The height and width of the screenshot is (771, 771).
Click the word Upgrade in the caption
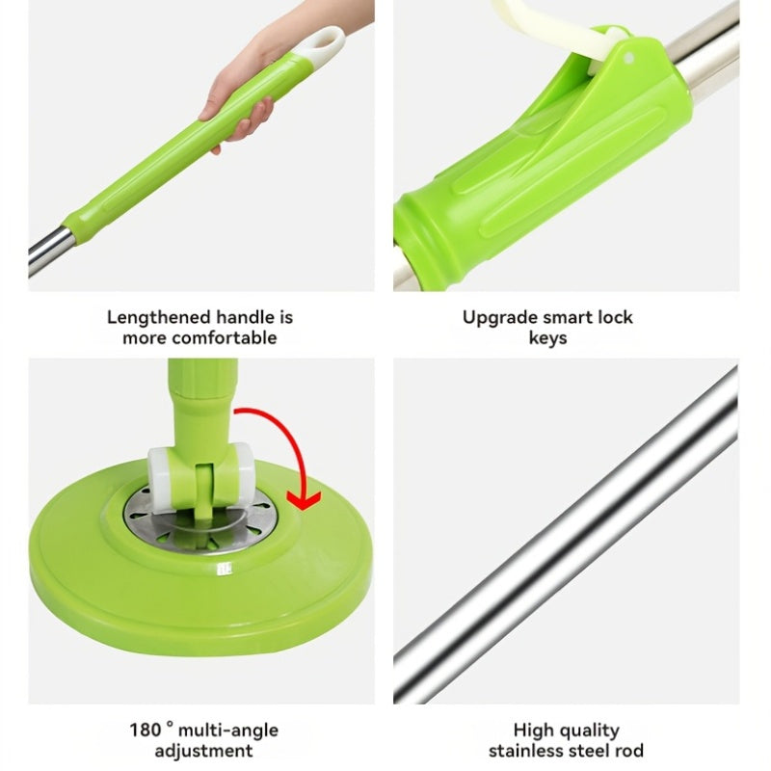[501, 317]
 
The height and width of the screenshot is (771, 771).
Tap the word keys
[547, 338]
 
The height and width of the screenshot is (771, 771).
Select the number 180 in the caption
[146, 731]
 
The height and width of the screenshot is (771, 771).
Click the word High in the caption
[534, 731]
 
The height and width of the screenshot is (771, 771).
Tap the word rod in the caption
[628, 751]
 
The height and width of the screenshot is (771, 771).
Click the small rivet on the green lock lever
[630, 57]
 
